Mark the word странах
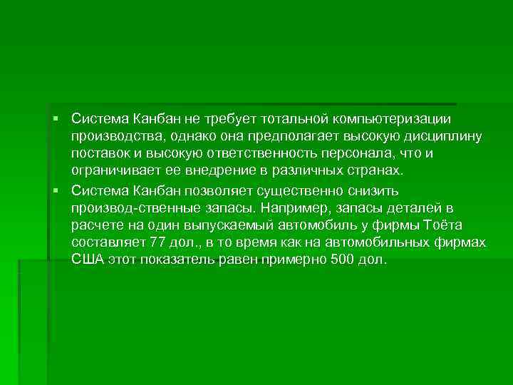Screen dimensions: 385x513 tap(375, 172)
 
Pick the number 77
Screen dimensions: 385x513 tap(154, 245)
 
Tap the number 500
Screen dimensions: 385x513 tap(344, 262)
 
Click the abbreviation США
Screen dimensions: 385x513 tap(88, 262)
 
